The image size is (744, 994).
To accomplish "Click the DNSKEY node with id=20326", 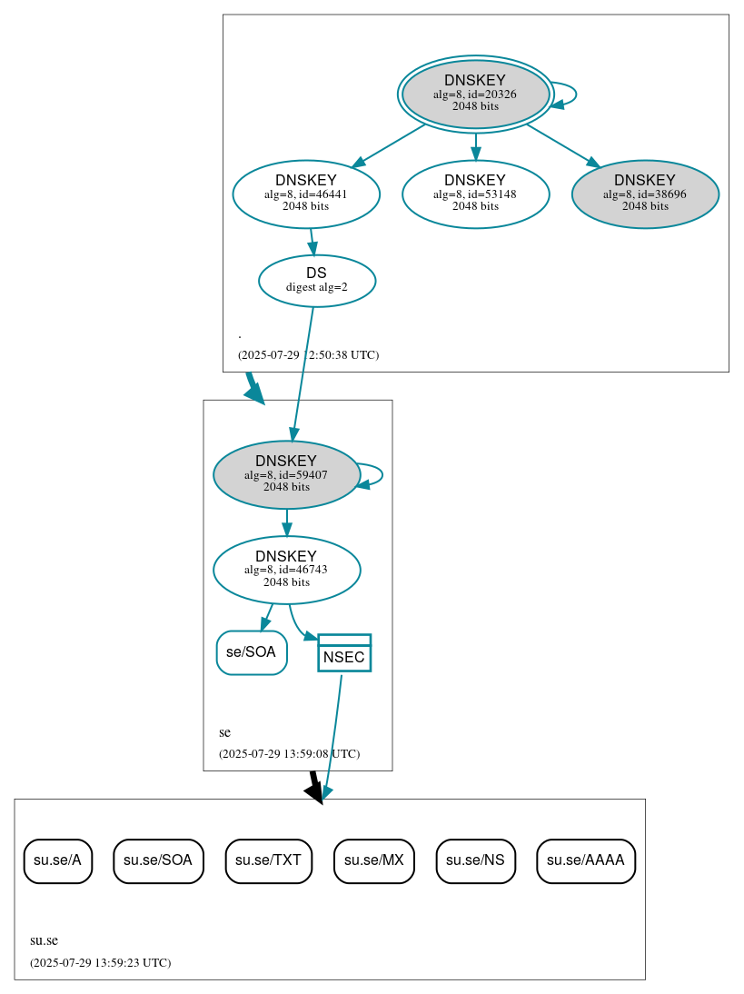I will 475,94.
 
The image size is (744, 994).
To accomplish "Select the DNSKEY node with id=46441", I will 306,194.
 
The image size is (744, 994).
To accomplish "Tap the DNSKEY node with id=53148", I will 475,194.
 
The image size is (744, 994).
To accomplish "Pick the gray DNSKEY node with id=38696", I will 645,194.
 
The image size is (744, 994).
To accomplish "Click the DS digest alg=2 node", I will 317,281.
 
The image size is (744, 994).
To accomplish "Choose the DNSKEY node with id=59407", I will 286,474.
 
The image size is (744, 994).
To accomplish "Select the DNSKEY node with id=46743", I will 286,570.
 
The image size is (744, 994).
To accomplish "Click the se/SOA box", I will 252,652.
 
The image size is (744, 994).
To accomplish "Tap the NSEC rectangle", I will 344,653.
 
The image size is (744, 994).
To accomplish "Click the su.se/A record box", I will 58,860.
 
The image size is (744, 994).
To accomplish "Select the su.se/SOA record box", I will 158,860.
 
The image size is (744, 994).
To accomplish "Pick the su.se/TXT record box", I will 269,860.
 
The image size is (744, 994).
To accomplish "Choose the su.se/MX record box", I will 374,860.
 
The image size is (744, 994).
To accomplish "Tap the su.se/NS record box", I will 476,860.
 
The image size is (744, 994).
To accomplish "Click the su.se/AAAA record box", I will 586,860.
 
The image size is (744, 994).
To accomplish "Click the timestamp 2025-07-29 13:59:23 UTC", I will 100,962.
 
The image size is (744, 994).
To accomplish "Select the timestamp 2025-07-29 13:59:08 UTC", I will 289,753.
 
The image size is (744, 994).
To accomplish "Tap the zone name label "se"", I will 224,732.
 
